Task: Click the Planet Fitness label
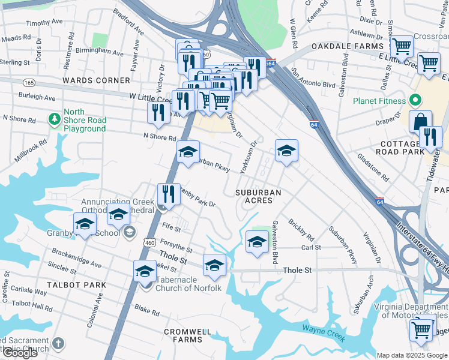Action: coord(379,101)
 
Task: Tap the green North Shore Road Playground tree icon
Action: coord(55,118)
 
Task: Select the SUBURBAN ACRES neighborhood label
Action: coord(258,192)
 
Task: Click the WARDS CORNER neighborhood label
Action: coord(96,80)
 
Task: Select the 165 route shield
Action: coord(28,82)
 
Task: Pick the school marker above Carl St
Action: coord(258,242)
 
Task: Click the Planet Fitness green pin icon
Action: coord(414,100)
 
